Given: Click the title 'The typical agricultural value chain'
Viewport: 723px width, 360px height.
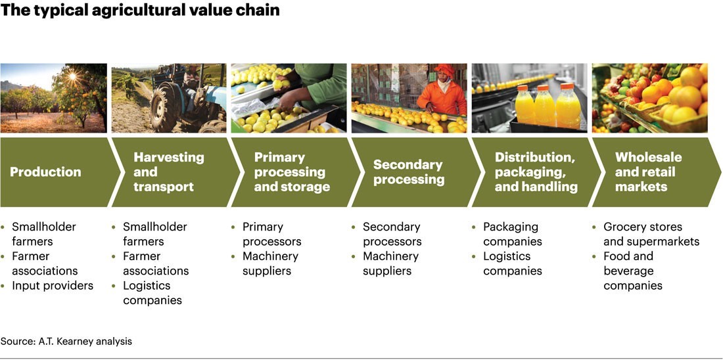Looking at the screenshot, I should coord(141,11).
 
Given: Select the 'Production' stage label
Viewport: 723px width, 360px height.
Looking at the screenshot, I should coord(45,172).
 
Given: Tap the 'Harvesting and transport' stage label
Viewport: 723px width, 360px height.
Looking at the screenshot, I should coord(168,172).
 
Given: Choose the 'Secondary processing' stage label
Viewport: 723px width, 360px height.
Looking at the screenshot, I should coord(408,172).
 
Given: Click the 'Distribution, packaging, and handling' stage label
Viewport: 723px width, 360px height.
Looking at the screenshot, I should coord(535,172).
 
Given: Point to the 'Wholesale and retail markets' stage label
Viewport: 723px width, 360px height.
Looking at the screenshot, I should coord(648,172).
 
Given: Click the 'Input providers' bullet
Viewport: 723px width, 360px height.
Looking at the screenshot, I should coord(53,286).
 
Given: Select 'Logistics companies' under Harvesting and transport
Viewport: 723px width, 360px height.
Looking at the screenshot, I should coord(156,293).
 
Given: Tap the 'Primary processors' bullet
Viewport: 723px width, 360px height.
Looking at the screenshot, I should coord(272,234).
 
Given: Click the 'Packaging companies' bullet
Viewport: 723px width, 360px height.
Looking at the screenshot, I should coord(512,234).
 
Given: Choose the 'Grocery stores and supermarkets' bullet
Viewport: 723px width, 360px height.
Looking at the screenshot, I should coord(651,234).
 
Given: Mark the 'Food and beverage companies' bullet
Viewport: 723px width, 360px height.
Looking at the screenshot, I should coord(632,271).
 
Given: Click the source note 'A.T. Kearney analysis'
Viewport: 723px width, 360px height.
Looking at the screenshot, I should coord(66,341).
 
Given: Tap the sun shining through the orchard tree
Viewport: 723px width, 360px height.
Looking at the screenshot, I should coord(72,78).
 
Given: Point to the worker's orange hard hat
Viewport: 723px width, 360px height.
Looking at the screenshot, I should coord(443,68).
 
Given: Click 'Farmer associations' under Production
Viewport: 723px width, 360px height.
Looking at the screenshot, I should coord(45,263).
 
